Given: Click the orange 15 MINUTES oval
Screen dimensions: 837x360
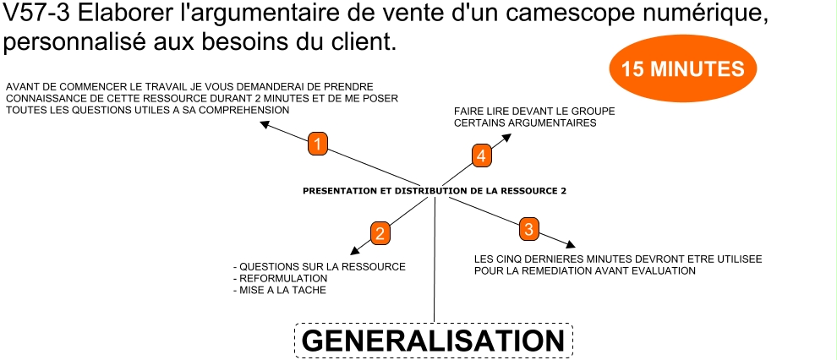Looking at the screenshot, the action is coord(682,69).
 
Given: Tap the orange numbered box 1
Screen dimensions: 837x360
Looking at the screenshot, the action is coord(317,145).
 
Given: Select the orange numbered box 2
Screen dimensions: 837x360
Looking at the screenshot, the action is coord(380,233).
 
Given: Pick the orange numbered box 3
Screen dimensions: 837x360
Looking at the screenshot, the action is coord(528,228).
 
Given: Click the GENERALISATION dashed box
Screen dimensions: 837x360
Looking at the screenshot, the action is coord(433,341).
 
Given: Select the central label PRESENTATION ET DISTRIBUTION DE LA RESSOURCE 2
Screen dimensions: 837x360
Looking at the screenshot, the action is coord(434,191).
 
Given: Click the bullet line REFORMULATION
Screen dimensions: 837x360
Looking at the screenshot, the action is coord(280,278).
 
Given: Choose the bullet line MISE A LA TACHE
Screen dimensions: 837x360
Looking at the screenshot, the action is coord(279,290).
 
